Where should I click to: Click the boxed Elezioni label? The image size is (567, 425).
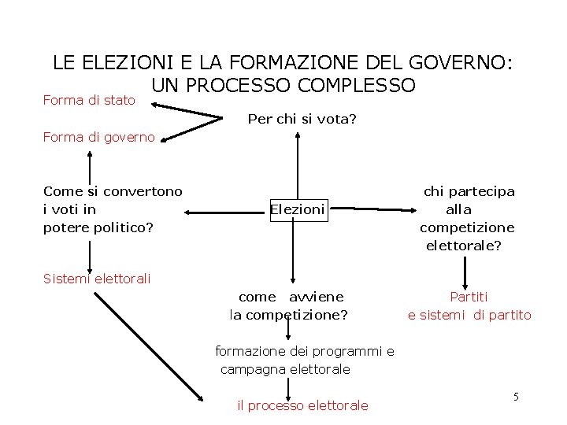(298, 209)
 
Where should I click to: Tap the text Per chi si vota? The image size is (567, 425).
(302, 120)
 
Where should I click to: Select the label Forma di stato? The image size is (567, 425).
(89, 101)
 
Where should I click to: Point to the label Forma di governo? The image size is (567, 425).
(99, 138)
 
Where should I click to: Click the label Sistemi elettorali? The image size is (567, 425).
(97, 278)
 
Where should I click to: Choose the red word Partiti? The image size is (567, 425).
(469, 297)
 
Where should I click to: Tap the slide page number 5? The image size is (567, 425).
(516, 397)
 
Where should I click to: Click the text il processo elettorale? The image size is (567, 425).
(302, 405)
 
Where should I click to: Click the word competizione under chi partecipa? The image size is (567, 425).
(467, 227)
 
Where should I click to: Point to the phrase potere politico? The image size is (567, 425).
(98, 227)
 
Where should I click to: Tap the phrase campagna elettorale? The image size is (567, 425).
(285, 369)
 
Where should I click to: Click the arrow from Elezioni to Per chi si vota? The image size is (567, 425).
(298, 165)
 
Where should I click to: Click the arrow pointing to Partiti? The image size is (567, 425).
(467, 273)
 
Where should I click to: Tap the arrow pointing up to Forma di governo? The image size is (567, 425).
(90, 165)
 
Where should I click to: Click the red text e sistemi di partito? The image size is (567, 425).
(469, 315)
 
